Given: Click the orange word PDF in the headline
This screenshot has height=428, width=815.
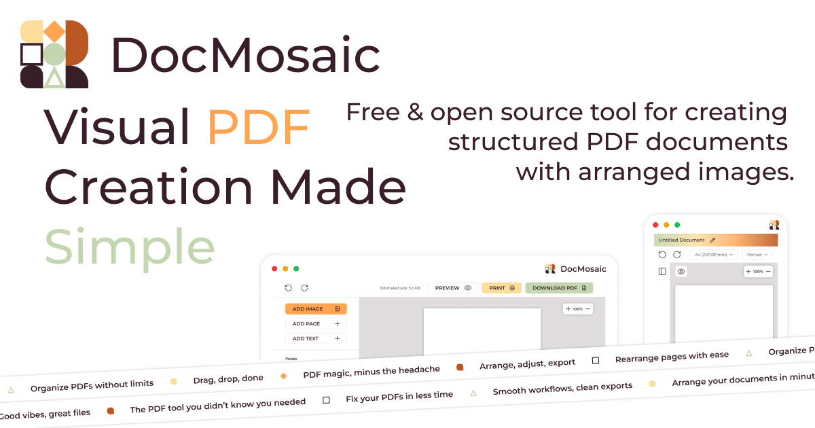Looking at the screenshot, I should (259, 127).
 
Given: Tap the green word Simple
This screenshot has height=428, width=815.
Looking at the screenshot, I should (130, 245).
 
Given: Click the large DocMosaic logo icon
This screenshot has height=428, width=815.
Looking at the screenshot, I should (54, 54).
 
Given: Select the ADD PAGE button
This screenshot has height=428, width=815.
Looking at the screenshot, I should (316, 324).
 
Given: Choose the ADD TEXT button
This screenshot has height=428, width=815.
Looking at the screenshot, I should (316, 338).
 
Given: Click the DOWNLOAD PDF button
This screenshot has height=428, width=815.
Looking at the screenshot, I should (559, 288).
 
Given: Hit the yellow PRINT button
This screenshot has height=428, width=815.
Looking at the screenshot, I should (502, 288).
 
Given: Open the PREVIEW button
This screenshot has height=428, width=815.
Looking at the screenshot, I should (453, 288).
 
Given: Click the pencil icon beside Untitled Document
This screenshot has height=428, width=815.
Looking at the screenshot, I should (712, 240).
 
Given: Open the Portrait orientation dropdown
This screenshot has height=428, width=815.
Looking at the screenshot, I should (757, 255).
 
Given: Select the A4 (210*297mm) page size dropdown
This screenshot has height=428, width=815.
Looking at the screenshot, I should (713, 255).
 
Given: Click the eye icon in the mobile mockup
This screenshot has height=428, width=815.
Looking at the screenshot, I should (681, 272).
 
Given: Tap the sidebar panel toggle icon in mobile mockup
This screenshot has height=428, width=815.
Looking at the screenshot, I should (662, 272).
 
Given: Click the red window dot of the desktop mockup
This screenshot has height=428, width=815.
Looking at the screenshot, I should (274, 269).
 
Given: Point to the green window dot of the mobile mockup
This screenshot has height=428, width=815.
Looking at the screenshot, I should (677, 225).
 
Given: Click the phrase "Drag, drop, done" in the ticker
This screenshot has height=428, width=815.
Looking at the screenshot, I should (228, 378).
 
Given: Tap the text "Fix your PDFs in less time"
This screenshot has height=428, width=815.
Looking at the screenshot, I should (399, 395).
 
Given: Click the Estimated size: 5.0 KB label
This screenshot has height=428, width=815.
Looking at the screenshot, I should (400, 289).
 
